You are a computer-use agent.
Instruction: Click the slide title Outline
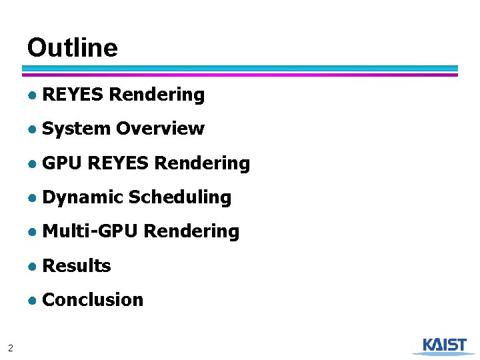pyautogui.click(x=72, y=48)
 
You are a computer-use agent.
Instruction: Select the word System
pyautogui.click(x=76, y=129)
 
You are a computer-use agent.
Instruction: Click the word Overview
pyautogui.click(x=160, y=129)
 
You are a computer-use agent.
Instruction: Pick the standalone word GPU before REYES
pyautogui.click(x=62, y=163)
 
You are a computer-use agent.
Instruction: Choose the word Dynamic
pyautogui.click(x=83, y=197)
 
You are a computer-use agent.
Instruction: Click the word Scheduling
pyautogui.click(x=180, y=197)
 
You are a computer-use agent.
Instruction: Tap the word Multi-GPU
pyautogui.click(x=90, y=231)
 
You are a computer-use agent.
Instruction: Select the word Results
pyautogui.click(x=76, y=266)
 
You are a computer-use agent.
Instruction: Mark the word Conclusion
pyautogui.click(x=93, y=300)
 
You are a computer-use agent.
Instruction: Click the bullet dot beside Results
pyautogui.click(x=32, y=267)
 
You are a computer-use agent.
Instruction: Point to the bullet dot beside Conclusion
pyautogui.click(x=32, y=301)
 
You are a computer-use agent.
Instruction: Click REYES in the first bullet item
pyautogui.click(x=73, y=95)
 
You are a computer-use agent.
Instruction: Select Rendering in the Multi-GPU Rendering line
pyautogui.click(x=191, y=231)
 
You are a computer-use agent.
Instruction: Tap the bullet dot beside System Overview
pyautogui.click(x=32, y=129)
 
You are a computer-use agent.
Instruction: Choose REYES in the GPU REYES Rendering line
pyautogui.click(x=118, y=163)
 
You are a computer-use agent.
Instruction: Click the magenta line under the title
pyautogui.click(x=240, y=75)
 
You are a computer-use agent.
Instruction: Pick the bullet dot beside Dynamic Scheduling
pyautogui.click(x=32, y=198)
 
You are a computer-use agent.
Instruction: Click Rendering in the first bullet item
pyautogui.click(x=157, y=95)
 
